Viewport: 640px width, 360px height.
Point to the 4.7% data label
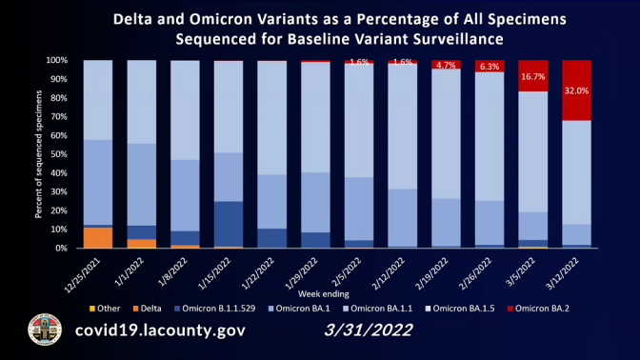click(444, 66)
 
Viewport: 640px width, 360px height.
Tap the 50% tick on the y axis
click(58, 154)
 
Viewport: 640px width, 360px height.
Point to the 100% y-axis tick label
click(56, 60)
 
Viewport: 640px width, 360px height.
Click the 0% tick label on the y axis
click(61, 248)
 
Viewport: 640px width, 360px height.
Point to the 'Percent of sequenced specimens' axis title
click(38, 154)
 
